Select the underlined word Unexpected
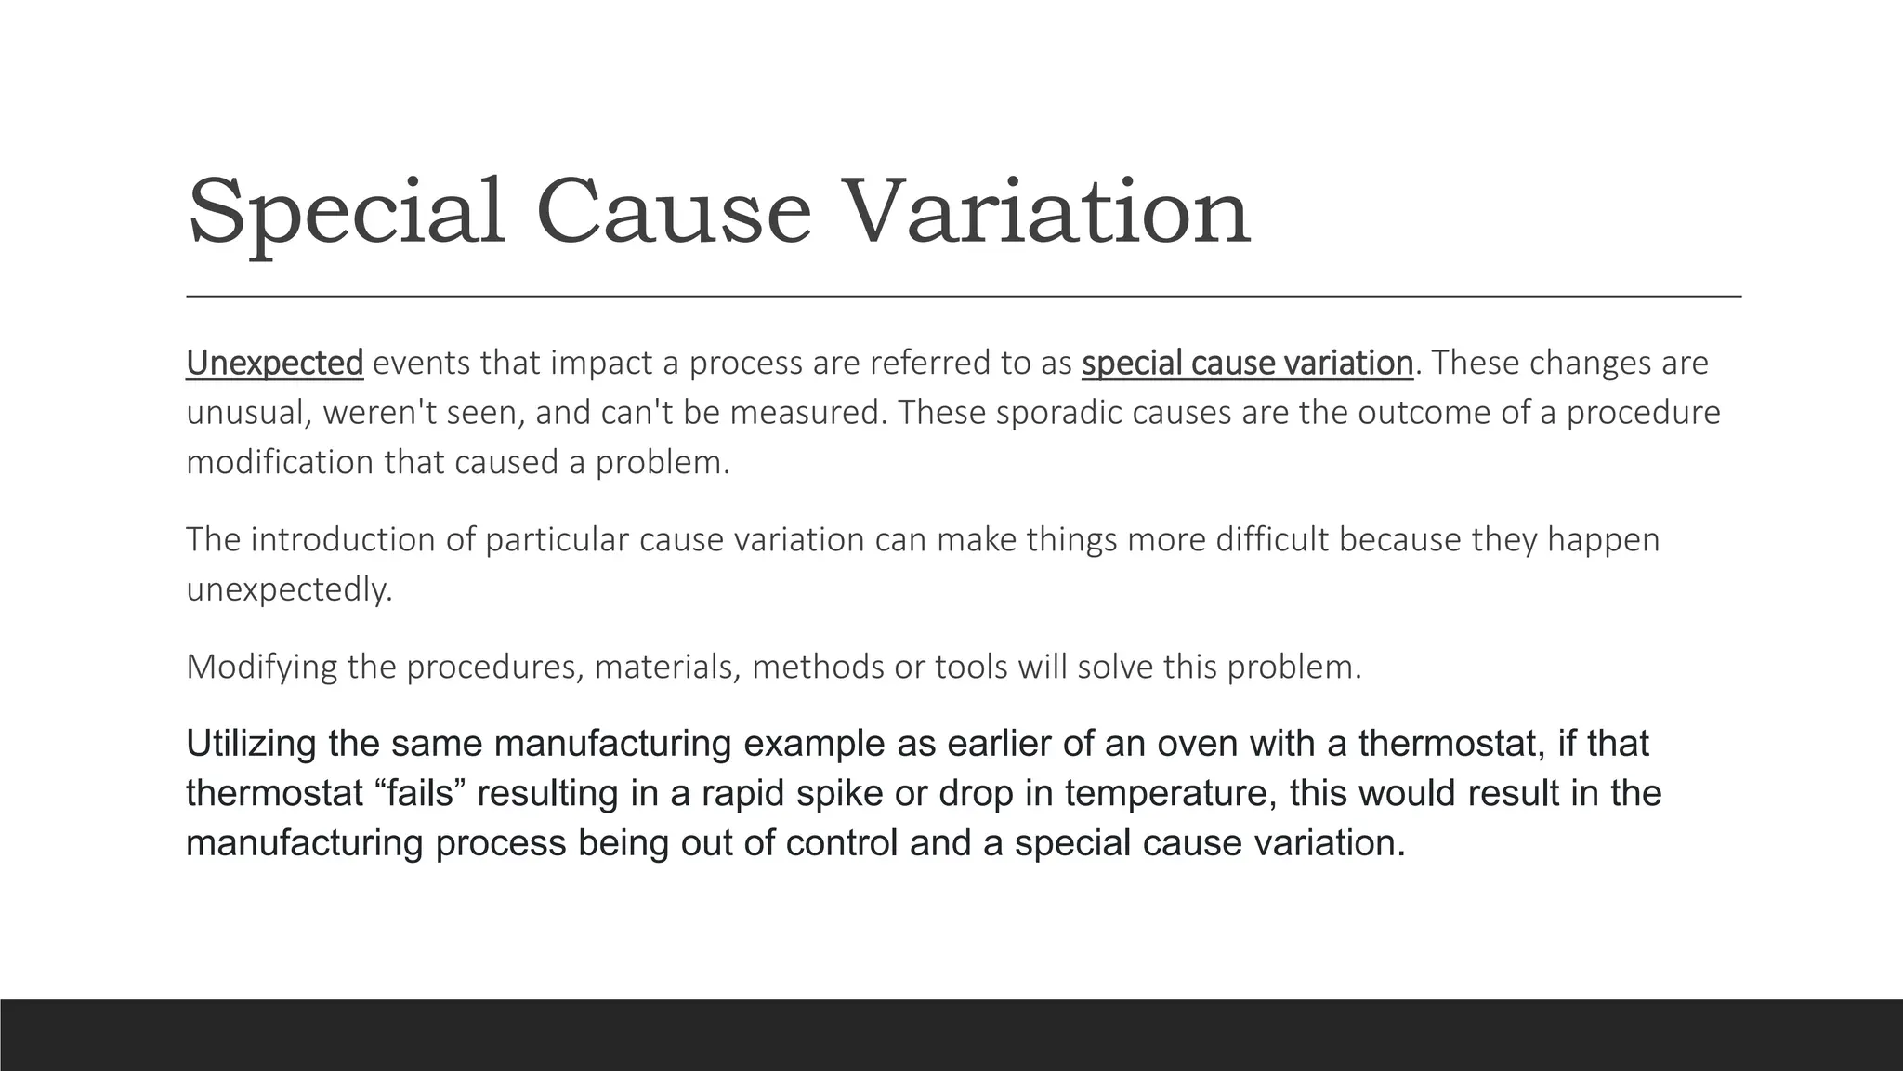pos(274,363)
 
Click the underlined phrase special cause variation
pos(1247,363)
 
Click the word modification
pos(280,462)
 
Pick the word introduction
pos(343,539)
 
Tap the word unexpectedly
pos(289,589)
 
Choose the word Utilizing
pos(251,744)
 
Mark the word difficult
pos(1272,539)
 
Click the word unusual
pos(247,412)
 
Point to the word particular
pos(557,539)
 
